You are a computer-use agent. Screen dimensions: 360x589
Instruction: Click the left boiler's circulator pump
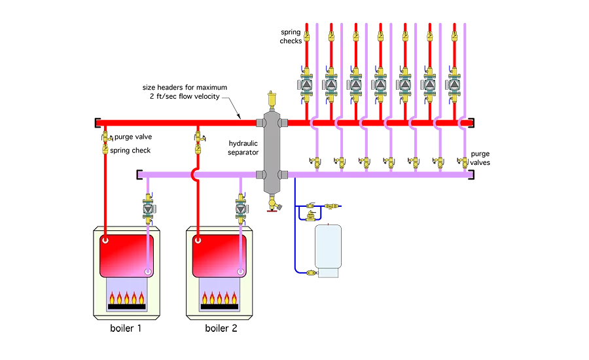point(149,209)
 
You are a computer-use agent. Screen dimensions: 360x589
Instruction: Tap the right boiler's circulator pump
point(241,209)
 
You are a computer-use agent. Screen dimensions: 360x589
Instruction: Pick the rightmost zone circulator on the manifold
point(454,84)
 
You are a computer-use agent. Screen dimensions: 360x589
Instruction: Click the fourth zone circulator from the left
point(380,84)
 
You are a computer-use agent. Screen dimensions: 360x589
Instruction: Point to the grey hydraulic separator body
point(270,151)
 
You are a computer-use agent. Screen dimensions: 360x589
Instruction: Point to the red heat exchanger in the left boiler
point(127,255)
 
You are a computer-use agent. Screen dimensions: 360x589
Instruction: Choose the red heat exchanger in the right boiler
point(219,255)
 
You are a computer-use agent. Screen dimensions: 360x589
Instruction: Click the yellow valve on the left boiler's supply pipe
point(105,140)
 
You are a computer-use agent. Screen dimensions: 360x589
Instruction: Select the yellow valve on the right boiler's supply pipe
point(198,140)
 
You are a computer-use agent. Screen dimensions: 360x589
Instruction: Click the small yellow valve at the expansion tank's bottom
point(312,270)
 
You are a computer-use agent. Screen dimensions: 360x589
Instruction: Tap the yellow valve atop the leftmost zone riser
point(307,36)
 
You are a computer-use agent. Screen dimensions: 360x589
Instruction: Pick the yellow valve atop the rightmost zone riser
point(454,36)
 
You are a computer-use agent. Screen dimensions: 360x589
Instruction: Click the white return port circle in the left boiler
point(149,270)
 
